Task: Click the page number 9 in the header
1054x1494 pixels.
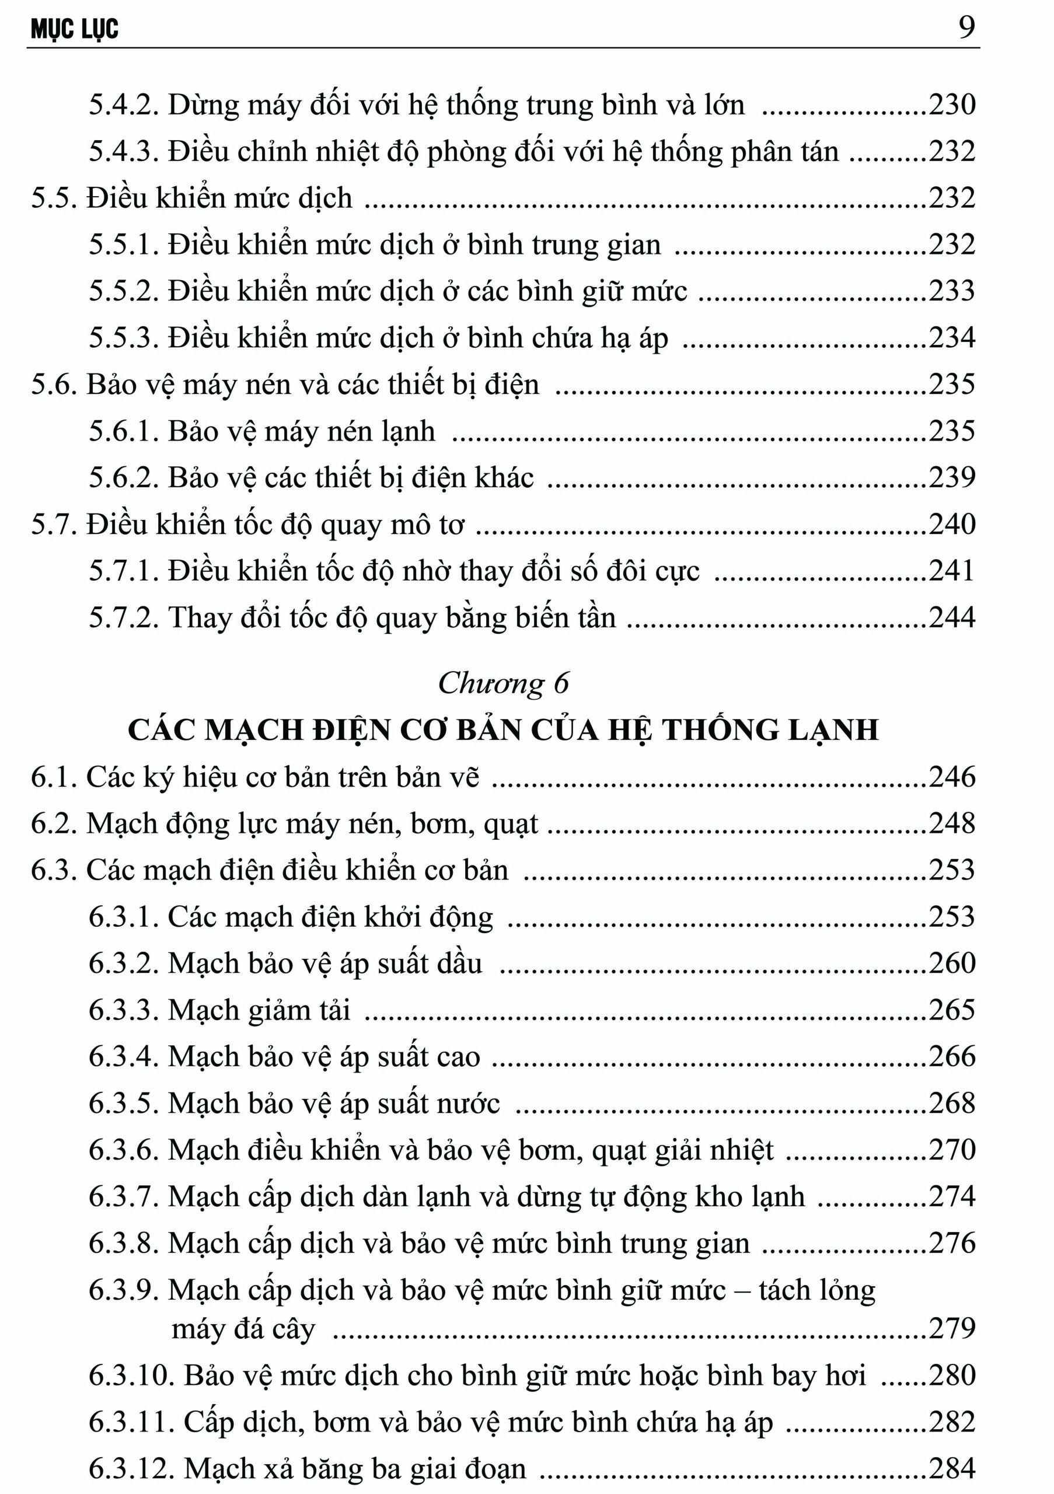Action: click(967, 28)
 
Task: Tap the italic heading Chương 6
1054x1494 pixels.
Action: click(503, 683)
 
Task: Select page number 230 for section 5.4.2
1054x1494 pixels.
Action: click(952, 105)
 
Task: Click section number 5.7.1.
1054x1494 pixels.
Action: click(124, 571)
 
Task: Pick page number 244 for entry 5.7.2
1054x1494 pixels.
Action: click(952, 617)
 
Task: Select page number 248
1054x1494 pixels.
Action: click(952, 824)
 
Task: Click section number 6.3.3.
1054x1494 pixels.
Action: click(124, 1011)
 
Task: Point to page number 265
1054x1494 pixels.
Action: click(952, 1011)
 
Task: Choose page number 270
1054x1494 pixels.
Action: click(952, 1150)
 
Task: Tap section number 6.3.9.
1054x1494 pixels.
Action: click(124, 1290)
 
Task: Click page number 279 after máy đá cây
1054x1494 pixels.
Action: click(952, 1329)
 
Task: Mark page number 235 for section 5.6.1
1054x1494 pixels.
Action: click(952, 431)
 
